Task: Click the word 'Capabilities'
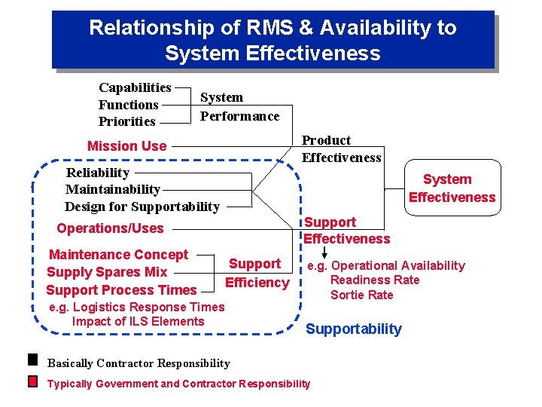point(135,87)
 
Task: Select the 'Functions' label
point(128,105)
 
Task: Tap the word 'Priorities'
point(126,121)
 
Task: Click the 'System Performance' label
point(239,106)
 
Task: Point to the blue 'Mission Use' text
point(126,146)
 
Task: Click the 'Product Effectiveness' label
point(341,148)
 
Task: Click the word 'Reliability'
point(98,173)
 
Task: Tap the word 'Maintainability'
point(112,189)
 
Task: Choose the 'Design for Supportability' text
point(142,207)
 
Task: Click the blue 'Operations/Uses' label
point(110,228)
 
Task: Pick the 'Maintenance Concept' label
point(118,255)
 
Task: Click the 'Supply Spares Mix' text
point(107,272)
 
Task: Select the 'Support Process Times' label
point(121,289)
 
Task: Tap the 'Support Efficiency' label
point(257,273)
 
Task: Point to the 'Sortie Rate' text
point(361,295)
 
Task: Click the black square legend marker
point(32,359)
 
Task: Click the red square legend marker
point(32,381)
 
